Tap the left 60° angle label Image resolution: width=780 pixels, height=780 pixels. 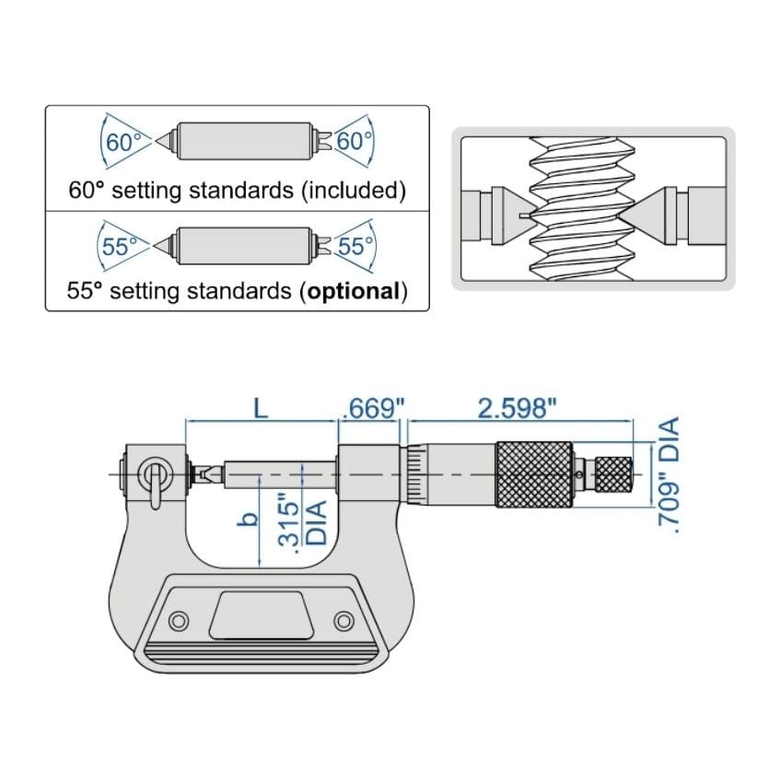coord(123,143)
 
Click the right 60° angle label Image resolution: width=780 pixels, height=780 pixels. coord(354,143)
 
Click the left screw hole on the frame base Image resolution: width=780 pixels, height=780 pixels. coord(180,620)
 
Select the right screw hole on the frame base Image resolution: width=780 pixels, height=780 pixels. coord(343,620)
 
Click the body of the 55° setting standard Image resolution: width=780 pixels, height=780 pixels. coord(243,245)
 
